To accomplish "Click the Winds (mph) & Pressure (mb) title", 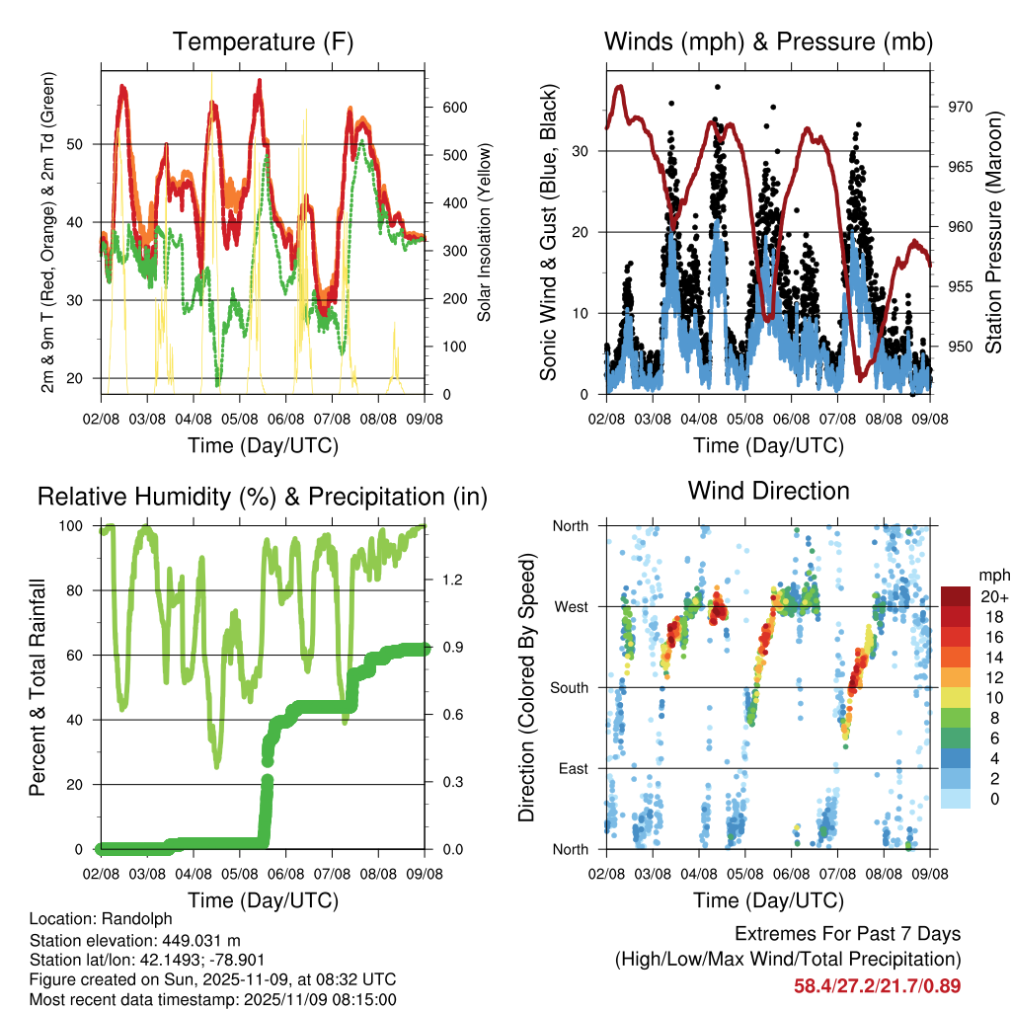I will [x=768, y=41].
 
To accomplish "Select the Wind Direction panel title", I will [x=768, y=490].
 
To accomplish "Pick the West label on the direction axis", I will [x=570, y=606].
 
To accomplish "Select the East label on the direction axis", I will [x=572, y=768].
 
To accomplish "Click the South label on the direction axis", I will [x=569, y=687].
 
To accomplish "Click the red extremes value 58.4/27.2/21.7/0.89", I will [x=877, y=985].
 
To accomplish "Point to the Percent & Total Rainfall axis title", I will [x=37, y=689].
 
